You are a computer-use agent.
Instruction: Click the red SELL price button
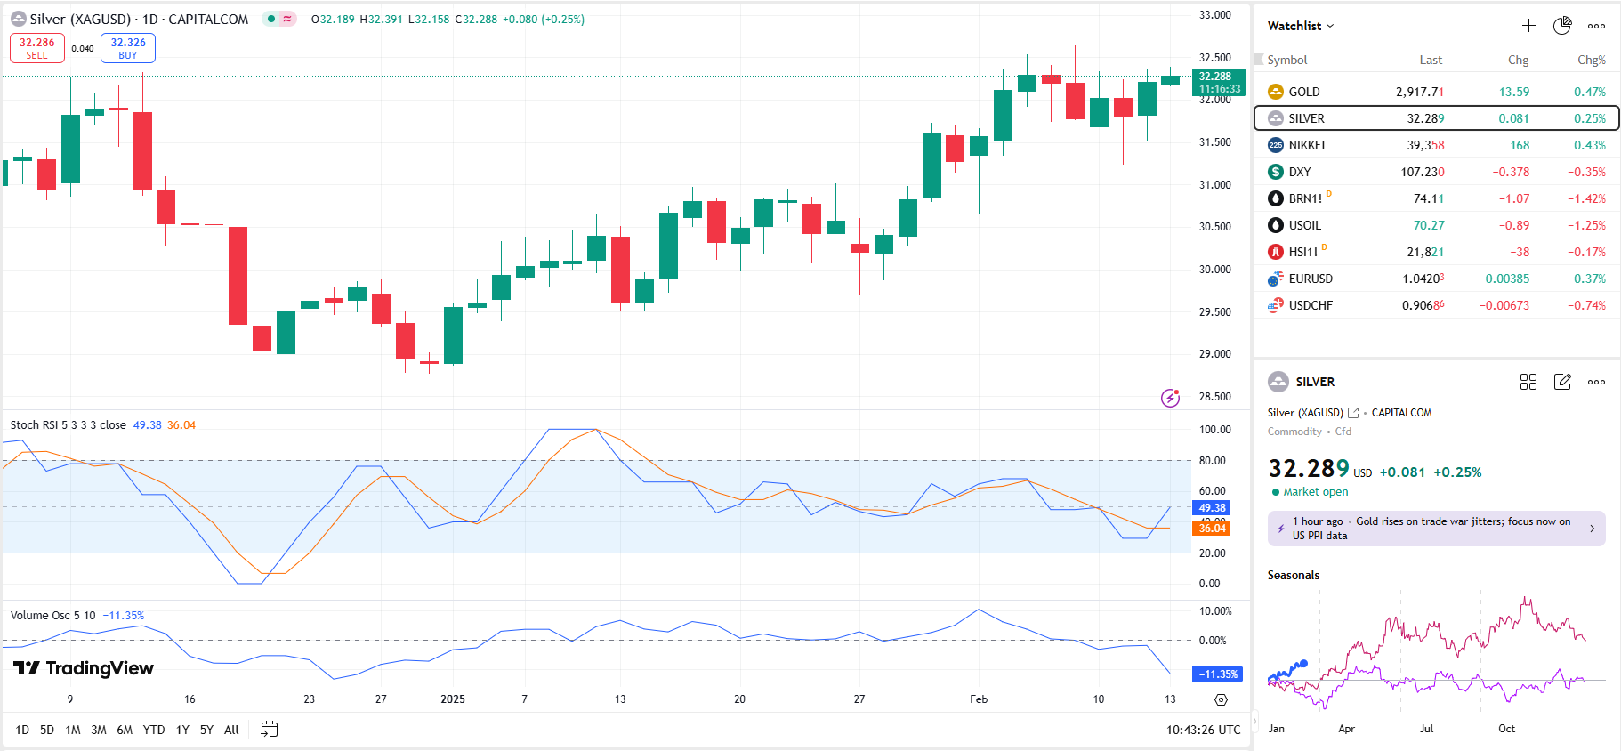pyautogui.click(x=37, y=48)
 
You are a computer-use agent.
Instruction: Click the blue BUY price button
pyautogui.click(x=128, y=48)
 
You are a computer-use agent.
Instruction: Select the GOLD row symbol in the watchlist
pyautogui.click(x=1303, y=92)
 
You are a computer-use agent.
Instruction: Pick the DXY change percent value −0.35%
pyautogui.click(x=1586, y=172)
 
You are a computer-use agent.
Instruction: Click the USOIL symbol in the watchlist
pyautogui.click(x=1304, y=225)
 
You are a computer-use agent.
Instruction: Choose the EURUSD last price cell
pyautogui.click(x=1423, y=279)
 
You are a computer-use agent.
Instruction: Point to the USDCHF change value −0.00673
pyautogui.click(x=1504, y=305)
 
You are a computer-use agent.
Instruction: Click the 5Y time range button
pyautogui.click(x=206, y=730)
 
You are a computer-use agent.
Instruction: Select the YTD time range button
pyautogui.click(x=154, y=730)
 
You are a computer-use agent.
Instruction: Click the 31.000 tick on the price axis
pyautogui.click(x=1214, y=184)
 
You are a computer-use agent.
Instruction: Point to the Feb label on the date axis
pyautogui.click(x=979, y=699)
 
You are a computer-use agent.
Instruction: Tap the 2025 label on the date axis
pyautogui.click(x=453, y=699)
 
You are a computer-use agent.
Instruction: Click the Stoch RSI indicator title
pyautogui.click(x=68, y=425)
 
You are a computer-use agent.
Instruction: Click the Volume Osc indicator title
pyautogui.click(x=52, y=616)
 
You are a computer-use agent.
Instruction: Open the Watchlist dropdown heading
pyautogui.click(x=1300, y=26)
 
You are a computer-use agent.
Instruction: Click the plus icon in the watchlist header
pyautogui.click(x=1528, y=26)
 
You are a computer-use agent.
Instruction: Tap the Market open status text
pyautogui.click(x=1315, y=492)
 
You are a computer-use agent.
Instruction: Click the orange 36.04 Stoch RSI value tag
pyautogui.click(x=1211, y=529)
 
